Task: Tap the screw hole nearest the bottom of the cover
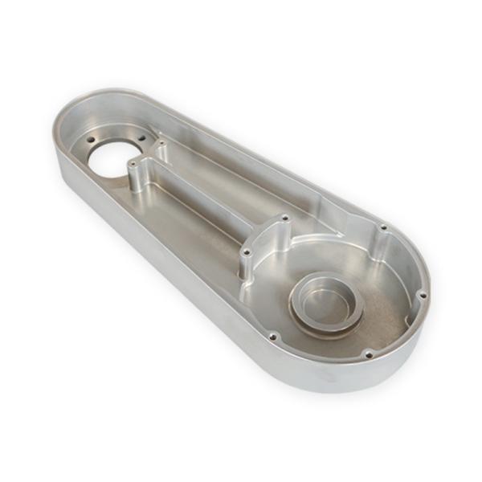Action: tap(367, 353)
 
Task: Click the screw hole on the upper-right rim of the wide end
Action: tap(382, 227)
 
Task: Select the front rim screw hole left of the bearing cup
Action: tap(273, 336)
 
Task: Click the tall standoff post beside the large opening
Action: tap(133, 177)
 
